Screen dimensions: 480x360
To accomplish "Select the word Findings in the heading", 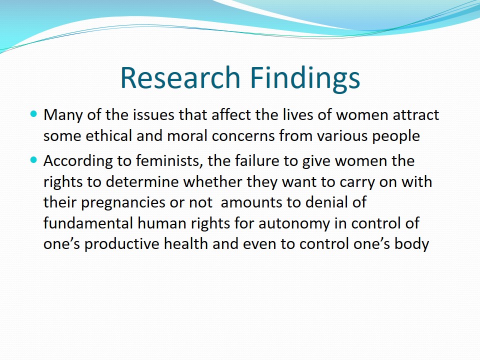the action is coord(305,78).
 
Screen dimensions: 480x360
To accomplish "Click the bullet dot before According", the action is coord(33,160).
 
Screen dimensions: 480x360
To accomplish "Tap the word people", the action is coord(396,136).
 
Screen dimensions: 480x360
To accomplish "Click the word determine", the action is coord(142,182).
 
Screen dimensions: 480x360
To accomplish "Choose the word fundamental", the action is coord(88,223).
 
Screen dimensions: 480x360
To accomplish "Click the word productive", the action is coord(122,244).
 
